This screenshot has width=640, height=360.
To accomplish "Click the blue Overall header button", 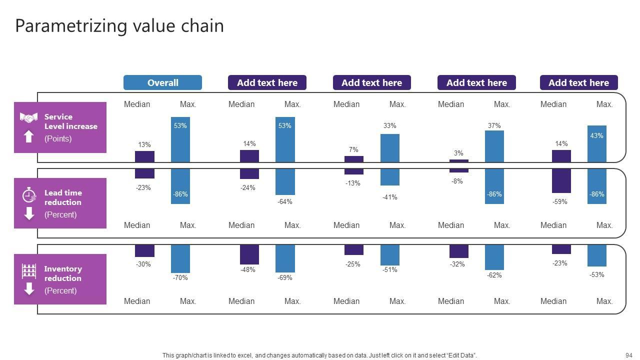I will pos(162,82).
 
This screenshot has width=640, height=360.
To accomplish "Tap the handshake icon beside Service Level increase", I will pos(28,117).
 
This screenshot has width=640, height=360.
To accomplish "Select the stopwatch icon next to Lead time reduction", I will pos(29,194).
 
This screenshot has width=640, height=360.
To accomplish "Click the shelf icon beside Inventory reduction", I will pos(29,271).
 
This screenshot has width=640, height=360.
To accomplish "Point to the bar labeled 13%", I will pos(144,156).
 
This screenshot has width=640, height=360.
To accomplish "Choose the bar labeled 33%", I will pos(390,148).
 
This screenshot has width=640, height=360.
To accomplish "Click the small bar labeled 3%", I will pos(458,161).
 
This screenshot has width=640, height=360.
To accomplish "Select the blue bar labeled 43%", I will pos(597,144).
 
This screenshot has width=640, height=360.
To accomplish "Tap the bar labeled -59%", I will pos(561,181).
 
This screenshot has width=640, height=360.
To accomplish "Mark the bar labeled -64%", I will pos(285,182).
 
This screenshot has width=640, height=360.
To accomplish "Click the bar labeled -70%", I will pos(180,258).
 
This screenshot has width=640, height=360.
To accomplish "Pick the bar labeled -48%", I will pos(249,254).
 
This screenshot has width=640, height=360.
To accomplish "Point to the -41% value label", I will pos(390,197).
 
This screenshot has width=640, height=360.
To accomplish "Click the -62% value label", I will pos(494,275).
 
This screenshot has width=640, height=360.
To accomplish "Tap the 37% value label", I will pos(494,125).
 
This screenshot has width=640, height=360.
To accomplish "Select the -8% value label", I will pos(457,181).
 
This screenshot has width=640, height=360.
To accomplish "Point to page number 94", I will pos(628,355).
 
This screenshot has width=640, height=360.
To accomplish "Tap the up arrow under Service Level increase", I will pos(29,136).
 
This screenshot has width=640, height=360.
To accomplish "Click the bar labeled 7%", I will pos(354,159).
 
